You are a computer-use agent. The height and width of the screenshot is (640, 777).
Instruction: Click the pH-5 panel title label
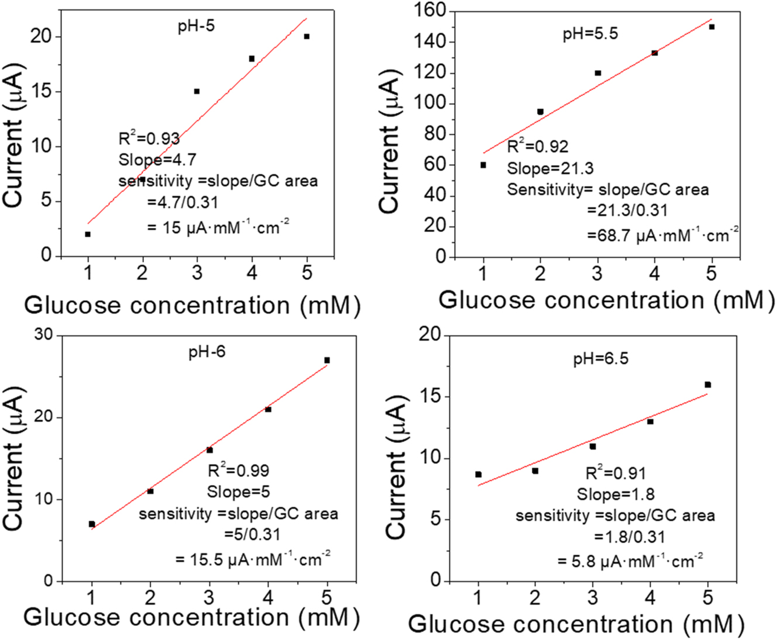[x=196, y=26]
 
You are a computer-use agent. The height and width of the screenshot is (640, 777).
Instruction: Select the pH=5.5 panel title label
[x=590, y=34]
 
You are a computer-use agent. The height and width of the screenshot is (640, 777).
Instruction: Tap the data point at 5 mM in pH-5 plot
[x=307, y=36]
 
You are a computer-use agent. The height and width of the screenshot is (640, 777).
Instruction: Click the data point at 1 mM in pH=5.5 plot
[x=483, y=165]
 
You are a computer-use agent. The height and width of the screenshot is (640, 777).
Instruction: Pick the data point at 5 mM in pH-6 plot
[x=327, y=360]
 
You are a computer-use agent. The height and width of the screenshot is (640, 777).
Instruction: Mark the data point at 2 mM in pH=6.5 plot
[x=535, y=471]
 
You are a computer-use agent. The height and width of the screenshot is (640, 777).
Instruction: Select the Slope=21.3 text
[x=550, y=168]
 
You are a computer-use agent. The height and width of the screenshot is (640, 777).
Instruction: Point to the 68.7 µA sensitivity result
[x=662, y=235]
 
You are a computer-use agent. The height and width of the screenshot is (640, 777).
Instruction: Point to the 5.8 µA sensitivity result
[x=629, y=562]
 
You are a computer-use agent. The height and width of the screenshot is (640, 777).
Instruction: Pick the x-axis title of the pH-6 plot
[x=191, y=617]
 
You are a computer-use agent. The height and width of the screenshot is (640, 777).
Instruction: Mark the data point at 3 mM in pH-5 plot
[x=197, y=91]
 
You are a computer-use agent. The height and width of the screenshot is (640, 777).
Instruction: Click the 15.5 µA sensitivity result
[x=253, y=559]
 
